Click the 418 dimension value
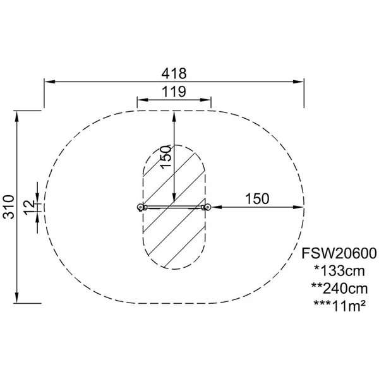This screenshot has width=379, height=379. click(174, 73)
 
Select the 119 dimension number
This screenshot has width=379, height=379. click(174, 92)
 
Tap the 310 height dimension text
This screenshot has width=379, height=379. click(9, 207)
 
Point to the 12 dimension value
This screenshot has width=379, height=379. click(29, 207)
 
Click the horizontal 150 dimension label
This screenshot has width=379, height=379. click(257, 199)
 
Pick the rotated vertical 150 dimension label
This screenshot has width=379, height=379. click(166, 157)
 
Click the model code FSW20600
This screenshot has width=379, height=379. click(339, 253)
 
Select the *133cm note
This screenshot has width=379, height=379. click(339, 271)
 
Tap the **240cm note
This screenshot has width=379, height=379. click(339, 289)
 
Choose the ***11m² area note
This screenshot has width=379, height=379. click(339, 306)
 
